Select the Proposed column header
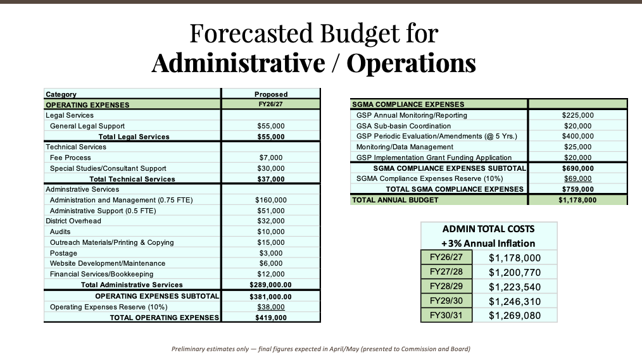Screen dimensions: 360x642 tap(271, 94)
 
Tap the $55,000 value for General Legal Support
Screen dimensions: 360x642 tap(271, 126)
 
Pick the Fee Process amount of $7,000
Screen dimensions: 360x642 tap(271, 158)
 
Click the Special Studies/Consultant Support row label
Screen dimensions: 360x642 tap(108, 168)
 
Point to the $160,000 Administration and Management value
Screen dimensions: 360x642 tap(271, 200)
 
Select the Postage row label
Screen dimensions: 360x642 tap(63, 252)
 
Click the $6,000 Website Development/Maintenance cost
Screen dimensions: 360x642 tap(271, 263)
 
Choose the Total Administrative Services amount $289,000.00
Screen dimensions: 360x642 tap(271, 285)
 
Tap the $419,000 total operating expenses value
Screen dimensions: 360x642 tap(271, 318)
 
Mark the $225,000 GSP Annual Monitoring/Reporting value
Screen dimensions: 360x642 tap(577, 115)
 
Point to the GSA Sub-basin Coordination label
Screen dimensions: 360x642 tap(403, 126)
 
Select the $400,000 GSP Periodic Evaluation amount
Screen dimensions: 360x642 tap(577, 136)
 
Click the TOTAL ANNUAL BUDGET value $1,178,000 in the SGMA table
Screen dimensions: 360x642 tap(577, 200)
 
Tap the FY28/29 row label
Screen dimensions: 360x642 tap(446, 286)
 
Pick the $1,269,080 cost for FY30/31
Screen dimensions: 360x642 tap(515, 315)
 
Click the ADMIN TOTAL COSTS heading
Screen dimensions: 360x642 tap(488, 229)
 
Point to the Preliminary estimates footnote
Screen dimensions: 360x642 tap(321, 349)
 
